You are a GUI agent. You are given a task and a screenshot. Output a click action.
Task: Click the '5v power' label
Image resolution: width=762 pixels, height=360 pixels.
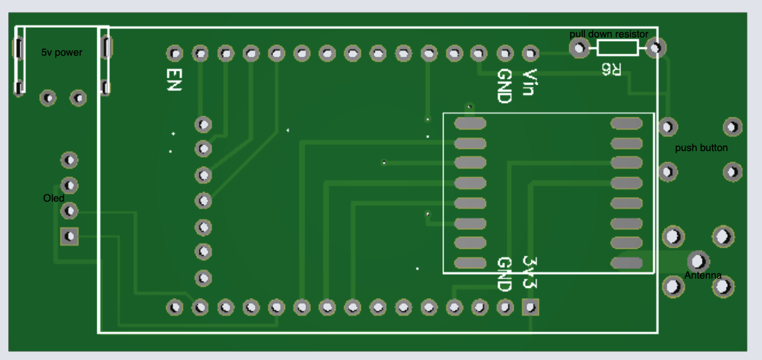[x=61, y=52]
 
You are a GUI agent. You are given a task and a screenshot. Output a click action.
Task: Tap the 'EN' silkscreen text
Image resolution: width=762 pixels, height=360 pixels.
[x=174, y=80]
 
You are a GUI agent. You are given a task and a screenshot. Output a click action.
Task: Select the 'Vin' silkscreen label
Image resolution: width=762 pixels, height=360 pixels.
[x=529, y=82]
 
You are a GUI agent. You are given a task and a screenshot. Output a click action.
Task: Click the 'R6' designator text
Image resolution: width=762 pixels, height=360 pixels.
[x=611, y=69]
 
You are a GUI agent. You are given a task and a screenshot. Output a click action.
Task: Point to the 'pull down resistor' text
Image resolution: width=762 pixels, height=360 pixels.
[x=609, y=34]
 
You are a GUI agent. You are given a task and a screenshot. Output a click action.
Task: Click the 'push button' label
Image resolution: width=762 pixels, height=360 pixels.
[x=701, y=148]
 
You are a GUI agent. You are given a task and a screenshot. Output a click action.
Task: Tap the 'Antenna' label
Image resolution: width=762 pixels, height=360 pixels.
[x=703, y=275]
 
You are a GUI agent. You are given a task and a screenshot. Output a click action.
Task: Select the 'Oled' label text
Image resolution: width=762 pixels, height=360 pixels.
[x=54, y=198]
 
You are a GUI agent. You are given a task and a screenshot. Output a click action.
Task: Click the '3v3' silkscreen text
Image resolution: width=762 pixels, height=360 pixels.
[x=529, y=272]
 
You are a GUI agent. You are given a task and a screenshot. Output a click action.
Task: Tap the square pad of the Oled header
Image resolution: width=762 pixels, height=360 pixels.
[x=70, y=236]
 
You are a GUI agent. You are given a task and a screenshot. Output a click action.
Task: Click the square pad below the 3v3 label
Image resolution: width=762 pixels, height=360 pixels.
[x=530, y=308]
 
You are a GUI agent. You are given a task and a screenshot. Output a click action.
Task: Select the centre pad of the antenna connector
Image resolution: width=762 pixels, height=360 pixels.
[x=698, y=261]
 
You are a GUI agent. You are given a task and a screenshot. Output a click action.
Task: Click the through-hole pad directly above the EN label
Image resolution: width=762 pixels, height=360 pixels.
[x=175, y=54]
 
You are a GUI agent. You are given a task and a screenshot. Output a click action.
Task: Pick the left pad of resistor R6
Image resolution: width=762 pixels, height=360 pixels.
[x=579, y=48]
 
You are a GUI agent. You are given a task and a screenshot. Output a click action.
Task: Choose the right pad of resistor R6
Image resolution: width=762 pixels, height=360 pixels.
[x=656, y=48]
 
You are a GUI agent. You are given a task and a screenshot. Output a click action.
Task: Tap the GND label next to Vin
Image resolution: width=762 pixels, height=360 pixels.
[x=504, y=86]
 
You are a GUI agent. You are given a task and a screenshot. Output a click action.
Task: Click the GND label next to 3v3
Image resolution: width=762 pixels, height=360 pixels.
[x=504, y=274]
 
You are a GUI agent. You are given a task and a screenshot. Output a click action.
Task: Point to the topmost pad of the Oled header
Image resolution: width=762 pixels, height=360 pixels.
[x=70, y=160]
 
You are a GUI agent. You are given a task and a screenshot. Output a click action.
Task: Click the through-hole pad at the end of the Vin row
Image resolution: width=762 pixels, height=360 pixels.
[x=530, y=54]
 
